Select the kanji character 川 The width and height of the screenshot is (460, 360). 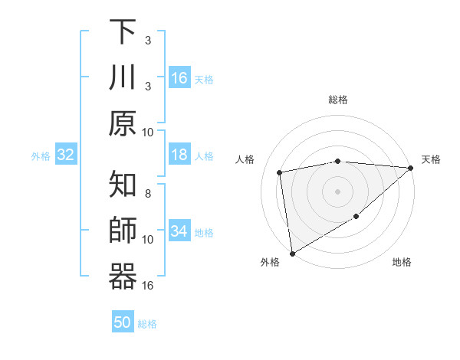pos(122,77)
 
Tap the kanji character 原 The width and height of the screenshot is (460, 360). pos(122,123)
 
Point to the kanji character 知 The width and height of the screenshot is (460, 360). pos(122,186)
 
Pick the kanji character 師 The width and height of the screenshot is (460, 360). pos(122,231)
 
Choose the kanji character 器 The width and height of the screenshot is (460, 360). pos(122,277)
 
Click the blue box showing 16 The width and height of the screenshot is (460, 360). pos(179,78)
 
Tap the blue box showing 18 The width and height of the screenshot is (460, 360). pos(179,155)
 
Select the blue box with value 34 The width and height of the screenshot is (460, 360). pos(179,231)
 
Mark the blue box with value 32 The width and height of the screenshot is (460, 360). pos(66,155)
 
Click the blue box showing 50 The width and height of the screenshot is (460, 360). pos(123,322)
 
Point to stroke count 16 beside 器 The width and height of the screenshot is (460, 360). pos(148,286)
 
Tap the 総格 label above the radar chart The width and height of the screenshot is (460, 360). pos(338,100)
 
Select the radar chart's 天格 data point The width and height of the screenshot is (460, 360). pos(410,168)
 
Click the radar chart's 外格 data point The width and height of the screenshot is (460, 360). pos(292,254)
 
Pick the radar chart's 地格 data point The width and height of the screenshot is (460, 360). pos(356,218)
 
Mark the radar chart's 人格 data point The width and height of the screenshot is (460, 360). pos(280,172)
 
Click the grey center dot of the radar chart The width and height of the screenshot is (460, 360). pos(338,191)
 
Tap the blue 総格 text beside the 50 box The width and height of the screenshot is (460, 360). pos(147,324)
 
